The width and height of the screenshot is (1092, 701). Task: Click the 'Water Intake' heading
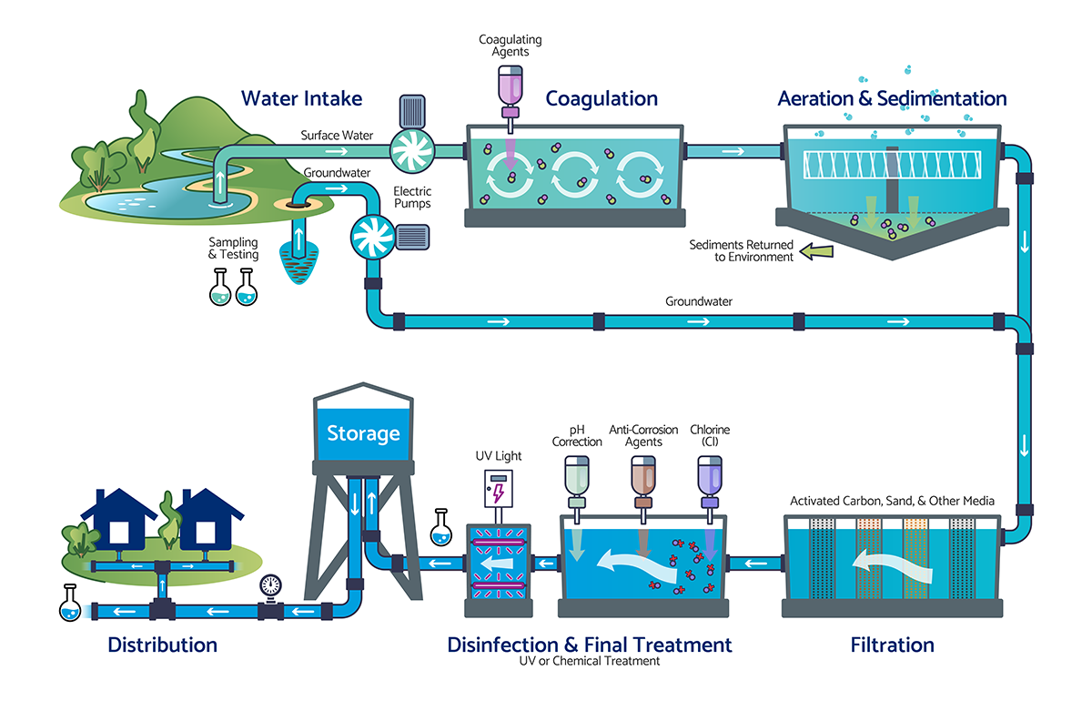click(301, 98)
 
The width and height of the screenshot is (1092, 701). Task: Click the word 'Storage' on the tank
click(363, 432)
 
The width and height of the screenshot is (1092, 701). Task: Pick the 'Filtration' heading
click(892, 645)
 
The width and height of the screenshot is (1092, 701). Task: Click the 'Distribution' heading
click(162, 645)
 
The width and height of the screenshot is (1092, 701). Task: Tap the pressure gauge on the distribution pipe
click(270, 584)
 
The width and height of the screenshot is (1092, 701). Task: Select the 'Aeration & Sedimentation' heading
click(892, 98)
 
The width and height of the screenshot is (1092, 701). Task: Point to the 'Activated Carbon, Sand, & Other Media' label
click(892, 501)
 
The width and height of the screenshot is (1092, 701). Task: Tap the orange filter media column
click(915, 559)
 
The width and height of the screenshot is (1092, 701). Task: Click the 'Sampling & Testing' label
click(233, 249)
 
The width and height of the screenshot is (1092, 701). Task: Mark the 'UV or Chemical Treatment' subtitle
click(590, 661)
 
